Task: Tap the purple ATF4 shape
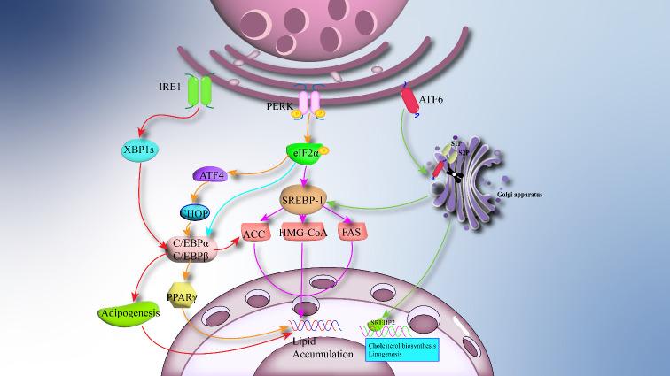coord(213,175)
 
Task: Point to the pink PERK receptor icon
coord(310,105)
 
